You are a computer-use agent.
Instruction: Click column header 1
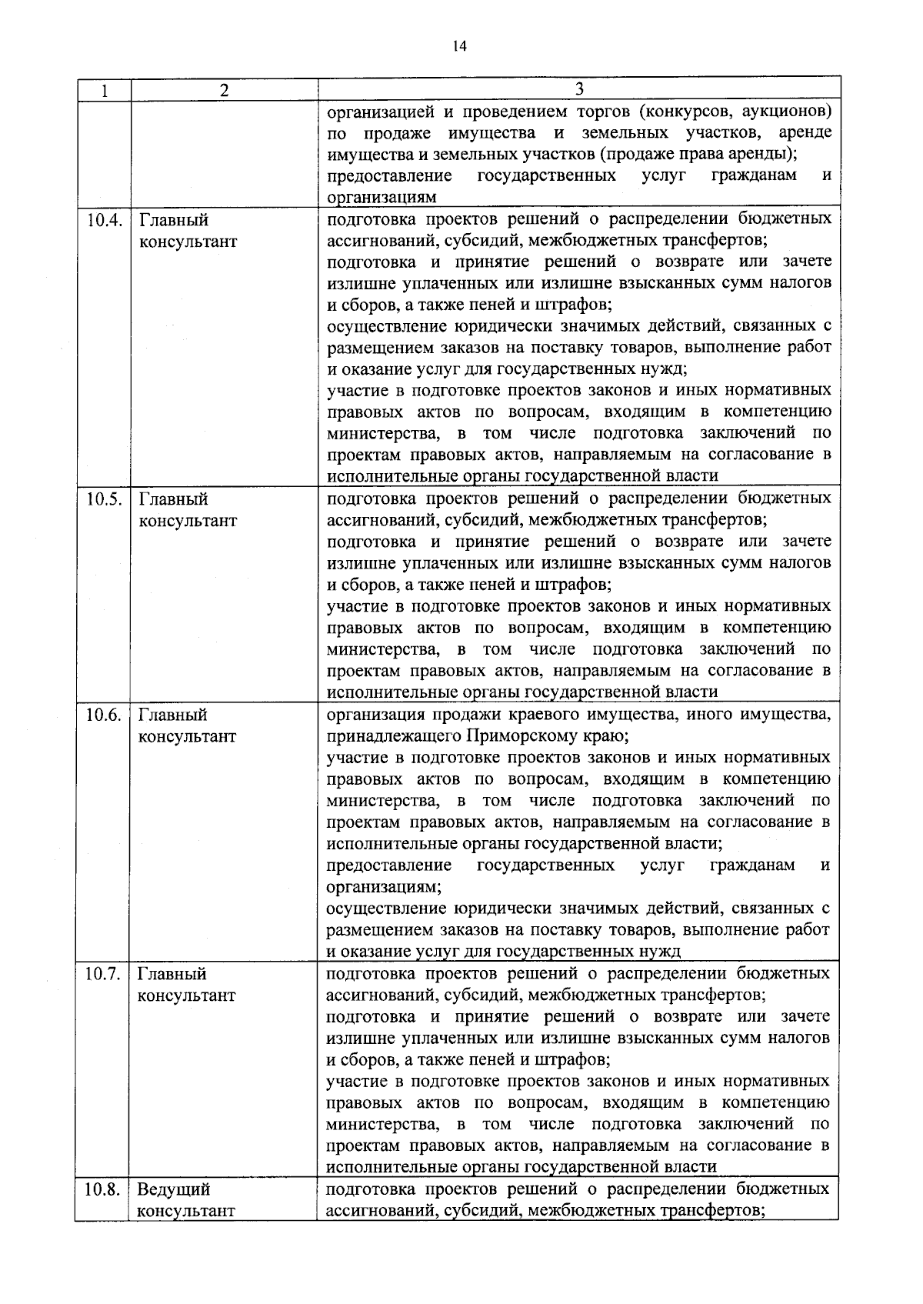(103, 90)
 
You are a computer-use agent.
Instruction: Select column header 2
(224, 90)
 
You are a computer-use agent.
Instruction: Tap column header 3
(578, 88)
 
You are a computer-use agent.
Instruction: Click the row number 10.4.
(104, 220)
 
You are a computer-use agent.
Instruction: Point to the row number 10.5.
(104, 499)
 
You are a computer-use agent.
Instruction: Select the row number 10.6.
(104, 715)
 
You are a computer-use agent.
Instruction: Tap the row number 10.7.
(104, 974)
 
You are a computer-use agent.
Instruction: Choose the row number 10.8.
(103, 1189)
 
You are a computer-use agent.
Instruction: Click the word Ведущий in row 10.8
(173, 1190)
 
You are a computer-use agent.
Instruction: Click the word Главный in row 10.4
(173, 220)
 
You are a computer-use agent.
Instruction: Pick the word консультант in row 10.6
(187, 736)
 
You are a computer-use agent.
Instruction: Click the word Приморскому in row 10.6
(518, 736)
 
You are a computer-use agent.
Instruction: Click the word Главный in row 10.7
(172, 974)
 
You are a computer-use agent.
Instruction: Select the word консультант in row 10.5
(187, 520)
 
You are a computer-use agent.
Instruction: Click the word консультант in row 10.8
(185, 1211)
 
